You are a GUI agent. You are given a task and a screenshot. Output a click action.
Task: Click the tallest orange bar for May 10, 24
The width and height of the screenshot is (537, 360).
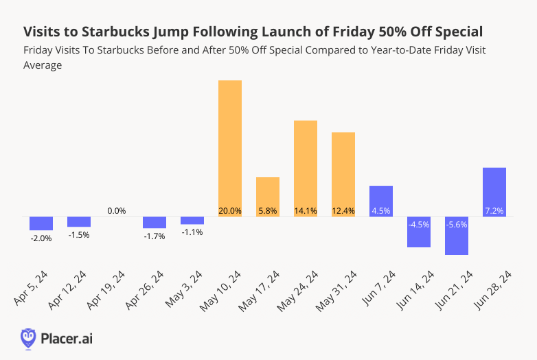[230, 144]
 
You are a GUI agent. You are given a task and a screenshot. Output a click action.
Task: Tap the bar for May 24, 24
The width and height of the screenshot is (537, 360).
[306, 165]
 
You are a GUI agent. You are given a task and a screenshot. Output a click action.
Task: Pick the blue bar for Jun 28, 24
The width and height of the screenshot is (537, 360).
[494, 189]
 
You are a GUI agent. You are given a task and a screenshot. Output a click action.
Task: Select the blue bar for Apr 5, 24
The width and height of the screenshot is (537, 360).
[41, 223]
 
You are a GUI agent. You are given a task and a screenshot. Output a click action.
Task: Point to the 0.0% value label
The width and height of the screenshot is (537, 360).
[117, 211]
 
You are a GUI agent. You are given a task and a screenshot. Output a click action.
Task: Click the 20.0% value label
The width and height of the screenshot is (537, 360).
[230, 211]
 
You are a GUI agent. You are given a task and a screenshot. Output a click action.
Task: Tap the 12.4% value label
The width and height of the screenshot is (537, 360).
[343, 211]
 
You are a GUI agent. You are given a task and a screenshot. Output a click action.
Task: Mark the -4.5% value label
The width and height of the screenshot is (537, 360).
[419, 225]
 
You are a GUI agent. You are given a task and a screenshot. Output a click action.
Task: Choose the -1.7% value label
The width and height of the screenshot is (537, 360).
[155, 236]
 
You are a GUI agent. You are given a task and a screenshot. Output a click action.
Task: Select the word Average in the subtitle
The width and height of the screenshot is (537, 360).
[43, 65]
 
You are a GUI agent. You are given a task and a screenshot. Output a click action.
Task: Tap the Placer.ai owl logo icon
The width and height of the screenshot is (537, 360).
[28, 337]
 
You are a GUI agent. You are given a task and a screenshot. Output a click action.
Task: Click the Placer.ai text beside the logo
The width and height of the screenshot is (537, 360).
[67, 338]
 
